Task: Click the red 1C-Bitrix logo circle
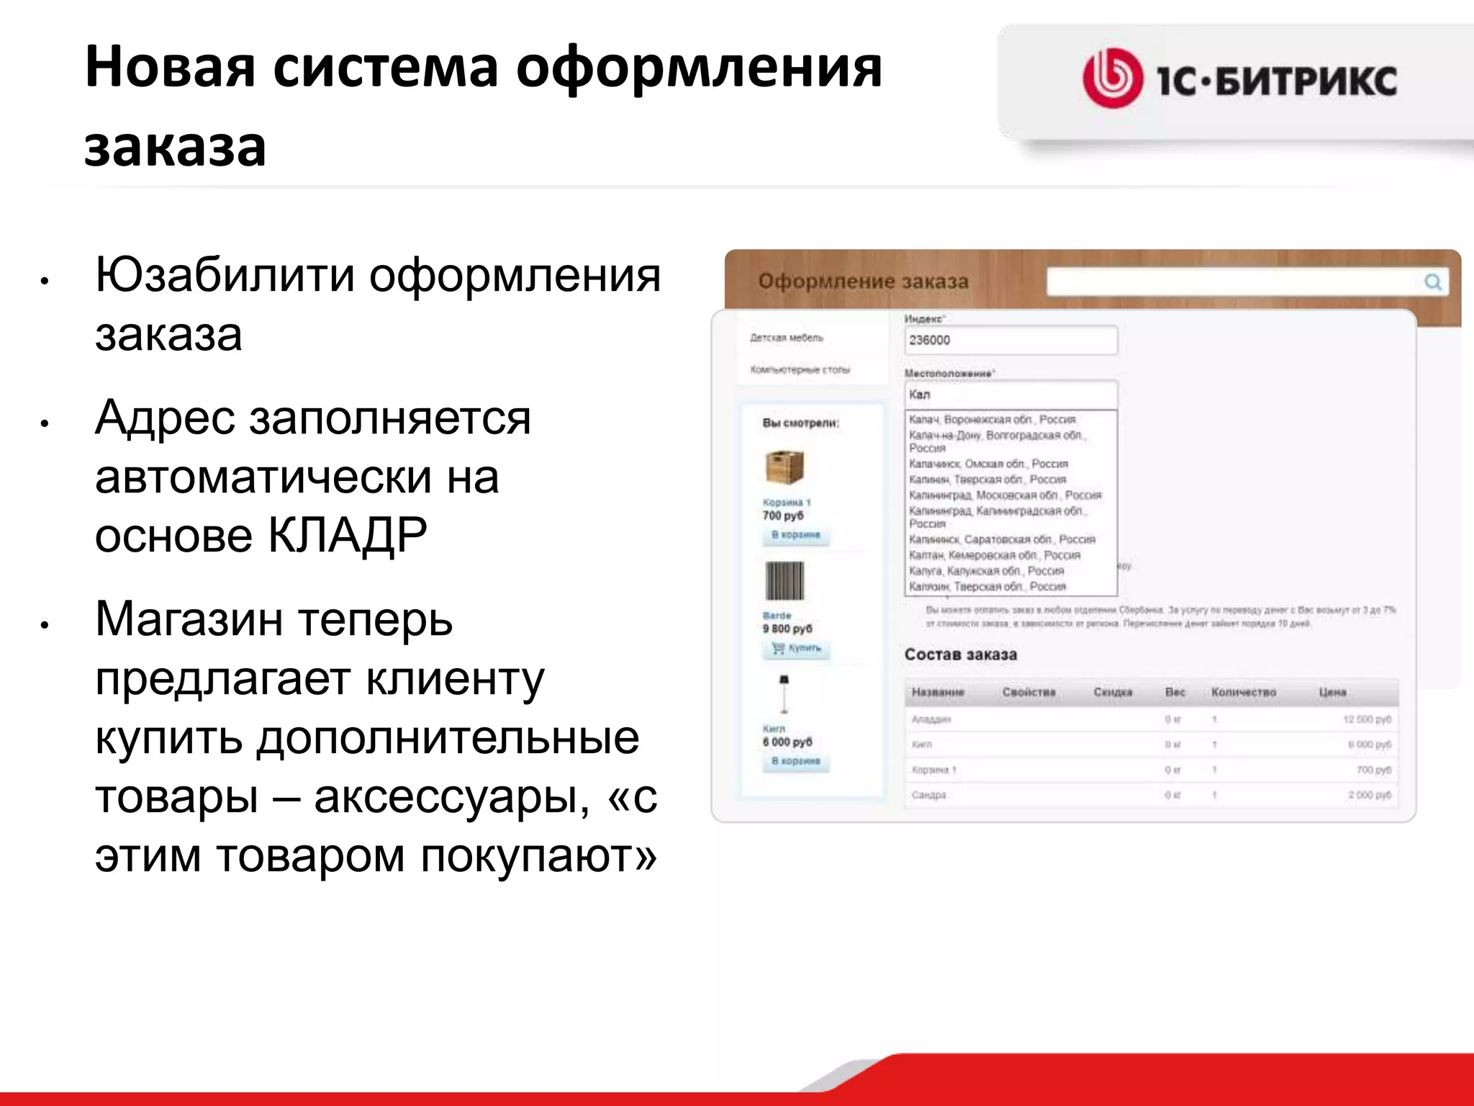pyautogui.click(x=1112, y=78)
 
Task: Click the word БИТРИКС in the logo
pyautogui.click(x=1306, y=80)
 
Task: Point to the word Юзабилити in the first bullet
pyautogui.click(x=225, y=275)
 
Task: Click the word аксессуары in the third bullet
pyautogui.click(x=452, y=796)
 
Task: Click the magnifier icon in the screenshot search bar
pyautogui.click(x=1432, y=282)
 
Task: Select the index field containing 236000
pyautogui.click(x=1010, y=340)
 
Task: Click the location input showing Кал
pyautogui.click(x=1010, y=395)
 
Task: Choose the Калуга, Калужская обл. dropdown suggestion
pyautogui.click(x=986, y=571)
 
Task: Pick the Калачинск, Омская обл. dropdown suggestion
pyautogui.click(x=988, y=464)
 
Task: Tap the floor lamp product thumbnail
pyautogui.click(x=784, y=695)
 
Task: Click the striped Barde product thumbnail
pyautogui.click(x=784, y=581)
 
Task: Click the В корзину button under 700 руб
pyautogui.click(x=795, y=535)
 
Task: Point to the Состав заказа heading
pyautogui.click(x=961, y=655)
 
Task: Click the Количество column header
pyautogui.click(x=1243, y=692)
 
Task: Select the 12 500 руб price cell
pyautogui.click(x=1367, y=719)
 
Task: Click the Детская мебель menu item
pyautogui.click(x=786, y=338)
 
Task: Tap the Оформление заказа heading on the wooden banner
pyautogui.click(x=863, y=282)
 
